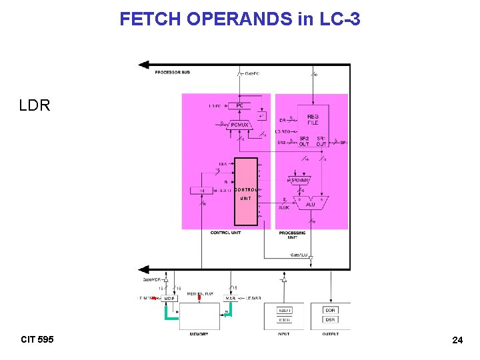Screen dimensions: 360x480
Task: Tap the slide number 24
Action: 457,340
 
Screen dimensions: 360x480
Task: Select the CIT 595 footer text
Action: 37,339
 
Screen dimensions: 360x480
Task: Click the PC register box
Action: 238,105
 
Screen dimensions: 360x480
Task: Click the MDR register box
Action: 169,298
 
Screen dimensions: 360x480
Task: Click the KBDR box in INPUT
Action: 285,310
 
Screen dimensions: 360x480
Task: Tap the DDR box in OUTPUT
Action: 331,310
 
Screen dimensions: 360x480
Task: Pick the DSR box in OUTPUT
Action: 331,319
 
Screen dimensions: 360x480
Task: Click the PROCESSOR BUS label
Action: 172,72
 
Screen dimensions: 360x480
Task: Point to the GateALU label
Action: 298,255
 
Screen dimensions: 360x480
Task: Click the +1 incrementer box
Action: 262,115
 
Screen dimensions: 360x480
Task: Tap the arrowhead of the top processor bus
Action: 142,65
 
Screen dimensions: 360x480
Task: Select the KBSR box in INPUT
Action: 285,319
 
